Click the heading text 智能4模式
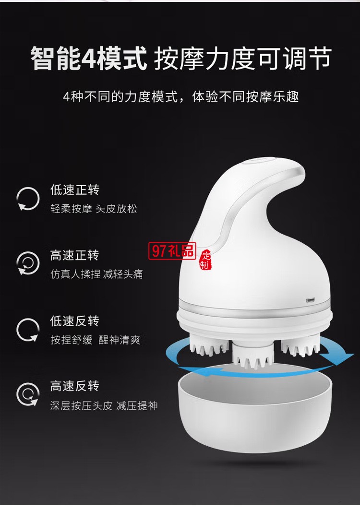[x=89, y=58]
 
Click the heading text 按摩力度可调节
[x=242, y=58]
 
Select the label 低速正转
[x=75, y=190]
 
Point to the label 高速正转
[x=75, y=255]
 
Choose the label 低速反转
[x=75, y=320]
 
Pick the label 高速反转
[x=75, y=386]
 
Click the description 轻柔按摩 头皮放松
[x=94, y=210]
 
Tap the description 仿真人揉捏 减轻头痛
[x=96, y=274]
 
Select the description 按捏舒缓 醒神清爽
[x=96, y=340]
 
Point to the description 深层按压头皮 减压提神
[x=104, y=406]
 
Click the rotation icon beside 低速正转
[x=28, y=199]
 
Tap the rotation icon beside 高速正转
[x=28, y=263]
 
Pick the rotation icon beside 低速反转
[x=28, y=330]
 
